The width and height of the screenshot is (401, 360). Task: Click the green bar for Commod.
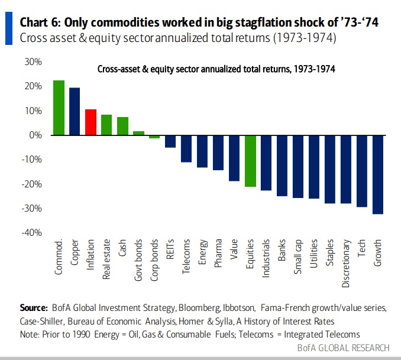click(x=59, y=108)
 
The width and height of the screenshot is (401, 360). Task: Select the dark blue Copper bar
click(x=75, y=112)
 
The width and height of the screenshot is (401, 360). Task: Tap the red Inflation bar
click(x=90, y=122)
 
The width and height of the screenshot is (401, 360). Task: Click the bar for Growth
click(x=377, y=174)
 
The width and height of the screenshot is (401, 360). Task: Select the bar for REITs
click(x=170, y=141)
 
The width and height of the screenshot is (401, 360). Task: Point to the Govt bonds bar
click(x=138, y=133)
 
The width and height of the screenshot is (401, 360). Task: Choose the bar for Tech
click(x=361, y=171)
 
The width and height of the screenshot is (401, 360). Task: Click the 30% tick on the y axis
click(x=33, y=61)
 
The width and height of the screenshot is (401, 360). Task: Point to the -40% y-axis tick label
click(x=31, y=233)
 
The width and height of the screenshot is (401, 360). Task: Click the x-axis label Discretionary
click(x=346, y=263)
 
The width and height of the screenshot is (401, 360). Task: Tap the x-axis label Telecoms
click(x=186, y=255)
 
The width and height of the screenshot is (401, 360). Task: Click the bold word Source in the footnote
click(x=34, y=308)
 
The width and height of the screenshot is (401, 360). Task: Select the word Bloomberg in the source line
click(x=203, y=308)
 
